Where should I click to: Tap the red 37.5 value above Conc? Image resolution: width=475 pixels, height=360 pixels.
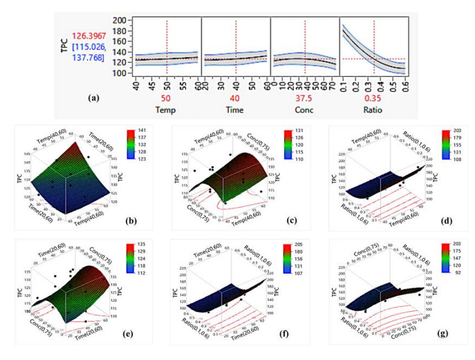[x=305, y=97]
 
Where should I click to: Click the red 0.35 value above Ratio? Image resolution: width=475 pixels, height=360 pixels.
[x=374, y=97]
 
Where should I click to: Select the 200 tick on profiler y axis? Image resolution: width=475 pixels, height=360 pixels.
[x=119, y=21]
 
